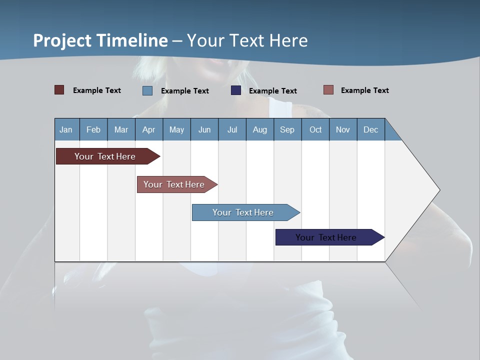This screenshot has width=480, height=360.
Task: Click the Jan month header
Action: [66, 129]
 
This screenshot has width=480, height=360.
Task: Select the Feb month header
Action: [93, 129]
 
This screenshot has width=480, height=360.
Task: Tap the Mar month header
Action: [121, 129]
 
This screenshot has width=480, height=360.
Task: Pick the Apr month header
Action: [149, 129]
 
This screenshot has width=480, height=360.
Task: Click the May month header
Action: [176, 129]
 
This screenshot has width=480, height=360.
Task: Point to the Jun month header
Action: [204, 129]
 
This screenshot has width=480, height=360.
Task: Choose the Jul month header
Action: [232, 129]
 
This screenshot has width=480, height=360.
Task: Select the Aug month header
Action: [260, 129]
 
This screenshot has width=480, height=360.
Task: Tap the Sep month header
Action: [287, 129]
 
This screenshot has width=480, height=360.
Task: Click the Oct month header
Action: [315, 129]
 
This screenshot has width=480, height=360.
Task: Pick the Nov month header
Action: [343, 129]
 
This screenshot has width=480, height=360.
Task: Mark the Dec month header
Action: [371, 129]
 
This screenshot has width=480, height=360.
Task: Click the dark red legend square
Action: [59, 90]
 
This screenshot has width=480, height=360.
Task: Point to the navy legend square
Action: [236, 90]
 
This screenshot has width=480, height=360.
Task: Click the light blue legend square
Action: [147, 90]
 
